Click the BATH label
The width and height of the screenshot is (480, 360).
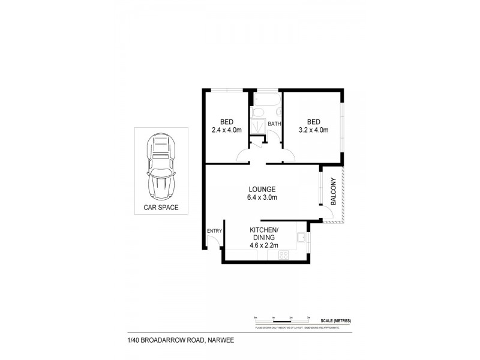click(x=274, y=124)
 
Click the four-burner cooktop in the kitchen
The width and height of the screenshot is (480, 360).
click(x=283, y=255)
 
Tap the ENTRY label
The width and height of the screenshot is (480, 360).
click(x=214, y=231)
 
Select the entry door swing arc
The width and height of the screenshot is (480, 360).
click(x=211, y=242)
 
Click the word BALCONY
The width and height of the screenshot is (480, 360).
click(x=333, y=194)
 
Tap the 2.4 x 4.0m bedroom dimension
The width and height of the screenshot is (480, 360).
click(x=226, y=129)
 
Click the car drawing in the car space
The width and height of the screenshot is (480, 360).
click(x=160, y=167)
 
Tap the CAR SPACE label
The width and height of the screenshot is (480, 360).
click(x=160, y=208)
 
